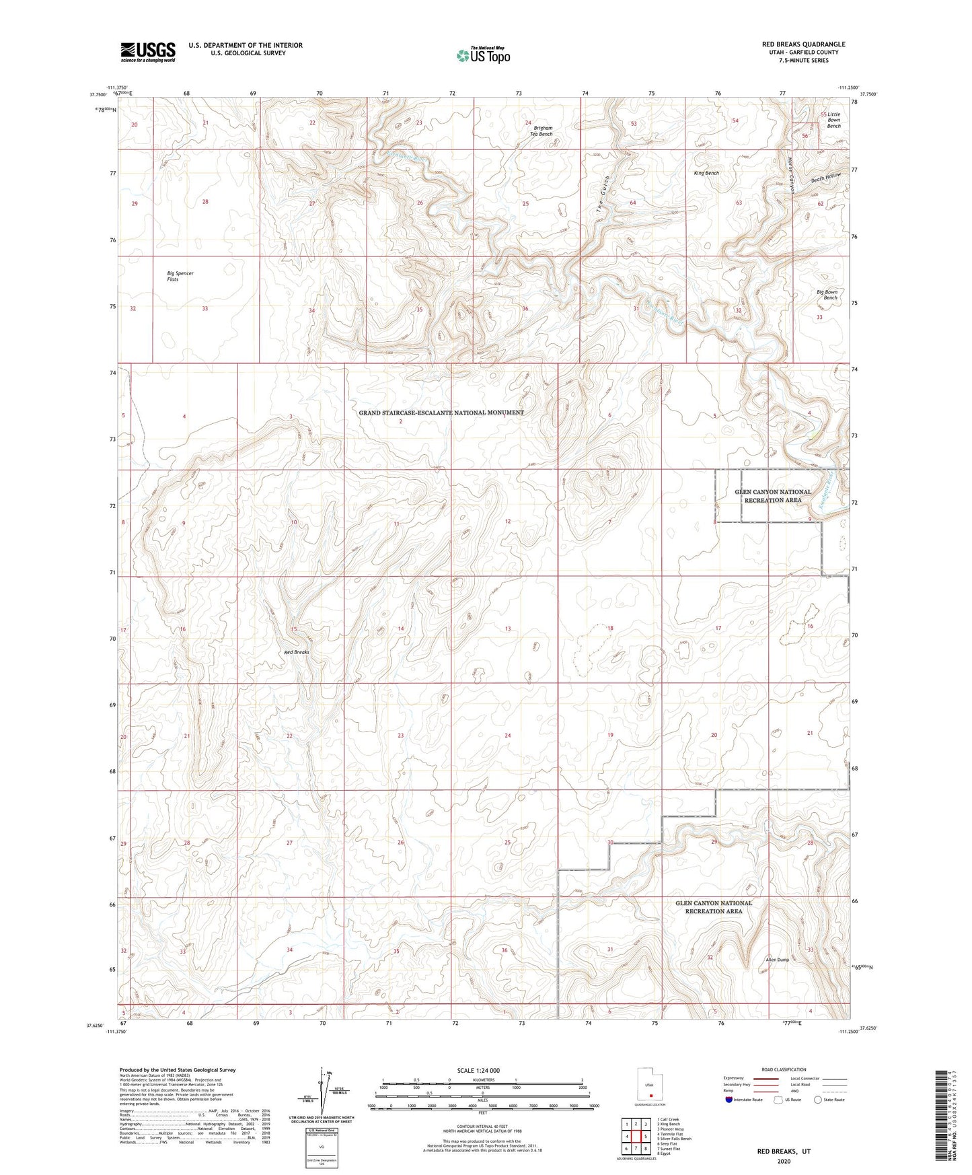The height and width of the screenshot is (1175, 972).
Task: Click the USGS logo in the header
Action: pos(148,52)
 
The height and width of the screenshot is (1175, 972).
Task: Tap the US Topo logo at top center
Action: pos(482,55)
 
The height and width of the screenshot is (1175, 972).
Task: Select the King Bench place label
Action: pos(706,173)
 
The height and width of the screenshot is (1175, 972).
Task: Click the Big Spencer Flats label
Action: pos(180,276)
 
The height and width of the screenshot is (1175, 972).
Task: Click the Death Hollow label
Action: pos(826,178)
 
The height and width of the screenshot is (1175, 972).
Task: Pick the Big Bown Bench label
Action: pos(827,295)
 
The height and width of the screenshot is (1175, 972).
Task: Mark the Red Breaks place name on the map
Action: pos(296,652)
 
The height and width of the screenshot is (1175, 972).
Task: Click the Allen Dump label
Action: pos(777,960)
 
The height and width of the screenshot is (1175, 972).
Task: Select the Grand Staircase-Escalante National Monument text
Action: pos(441,413)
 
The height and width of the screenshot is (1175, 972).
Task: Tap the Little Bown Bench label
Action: pos(834,120)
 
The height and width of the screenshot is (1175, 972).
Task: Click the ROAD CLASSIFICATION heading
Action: pos(784,1069)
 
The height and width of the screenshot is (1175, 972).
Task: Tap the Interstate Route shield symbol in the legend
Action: pos(729,1100)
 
